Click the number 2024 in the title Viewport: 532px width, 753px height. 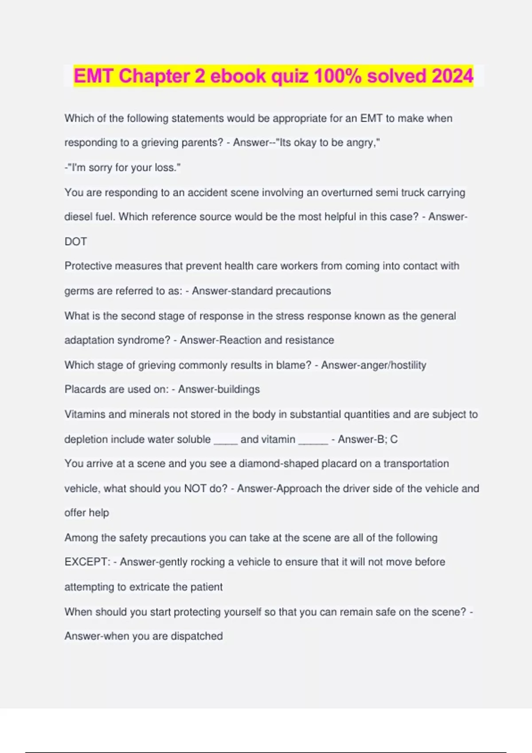[x=452, y=76]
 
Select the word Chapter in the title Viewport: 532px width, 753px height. [x=155, y=76]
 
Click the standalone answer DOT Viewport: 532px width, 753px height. [x=76, y=242]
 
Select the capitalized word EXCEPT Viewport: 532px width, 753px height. [x=87, y=562]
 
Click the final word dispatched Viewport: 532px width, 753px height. [x=197, y=637]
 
